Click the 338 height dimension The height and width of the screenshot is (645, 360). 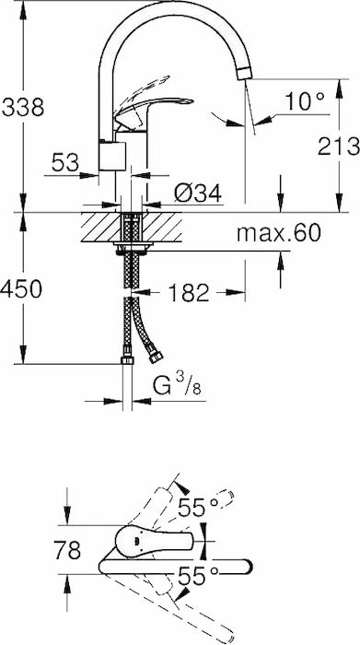(23, 108)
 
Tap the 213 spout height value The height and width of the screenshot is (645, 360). (338, 146)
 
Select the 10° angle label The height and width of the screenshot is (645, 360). (305, 101)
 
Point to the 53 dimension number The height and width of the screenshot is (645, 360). (65, 162)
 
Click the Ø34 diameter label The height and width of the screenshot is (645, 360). (198, 193)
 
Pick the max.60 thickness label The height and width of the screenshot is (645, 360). (278, 234)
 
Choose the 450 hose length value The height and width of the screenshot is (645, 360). (21, 288)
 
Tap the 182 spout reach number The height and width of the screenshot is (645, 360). (189, 293)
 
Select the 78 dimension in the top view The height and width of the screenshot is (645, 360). (67, 550)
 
